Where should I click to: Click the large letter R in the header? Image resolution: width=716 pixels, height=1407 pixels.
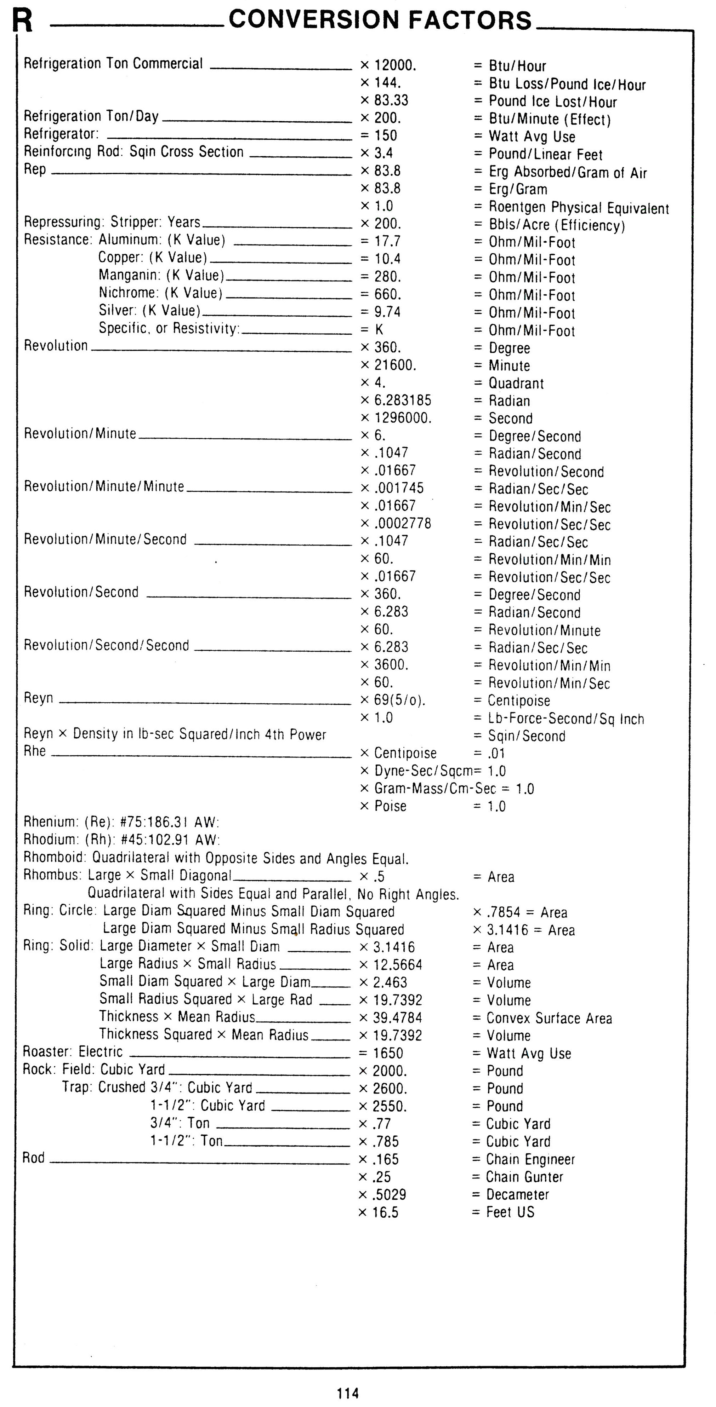22,21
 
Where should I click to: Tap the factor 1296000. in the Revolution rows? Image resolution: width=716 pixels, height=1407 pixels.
403,419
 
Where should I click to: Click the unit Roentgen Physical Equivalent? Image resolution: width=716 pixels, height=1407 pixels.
578,208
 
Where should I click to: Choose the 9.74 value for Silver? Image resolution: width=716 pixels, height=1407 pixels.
387,312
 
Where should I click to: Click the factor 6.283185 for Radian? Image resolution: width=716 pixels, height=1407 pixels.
402,400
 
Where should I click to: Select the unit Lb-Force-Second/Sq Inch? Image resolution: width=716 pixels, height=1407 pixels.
566,719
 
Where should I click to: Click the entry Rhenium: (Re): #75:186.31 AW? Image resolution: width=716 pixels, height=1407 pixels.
121,822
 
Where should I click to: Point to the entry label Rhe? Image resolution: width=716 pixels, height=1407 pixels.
34,751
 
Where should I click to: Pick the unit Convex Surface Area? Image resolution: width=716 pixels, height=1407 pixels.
549,1018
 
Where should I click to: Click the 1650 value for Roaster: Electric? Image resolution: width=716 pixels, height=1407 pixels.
387,1053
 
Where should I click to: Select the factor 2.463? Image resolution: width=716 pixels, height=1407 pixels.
390,982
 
